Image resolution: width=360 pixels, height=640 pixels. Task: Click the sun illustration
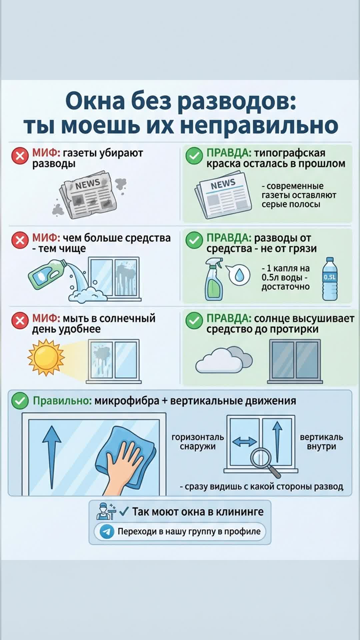(46, 357)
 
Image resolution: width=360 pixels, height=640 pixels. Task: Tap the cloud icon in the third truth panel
(224, 360)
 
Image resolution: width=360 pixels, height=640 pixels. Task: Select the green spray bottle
(214, 280)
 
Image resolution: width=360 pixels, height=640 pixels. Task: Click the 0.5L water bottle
(330, 279)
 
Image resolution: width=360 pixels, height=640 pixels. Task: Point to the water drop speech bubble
(238, 274)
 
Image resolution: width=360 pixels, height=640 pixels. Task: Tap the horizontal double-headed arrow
(244, 442)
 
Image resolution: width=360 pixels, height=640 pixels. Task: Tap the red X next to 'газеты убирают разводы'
(20, 156)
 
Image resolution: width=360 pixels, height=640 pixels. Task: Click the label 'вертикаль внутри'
(321, 442)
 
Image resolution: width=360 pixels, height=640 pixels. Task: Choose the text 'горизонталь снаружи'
(198, 442)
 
